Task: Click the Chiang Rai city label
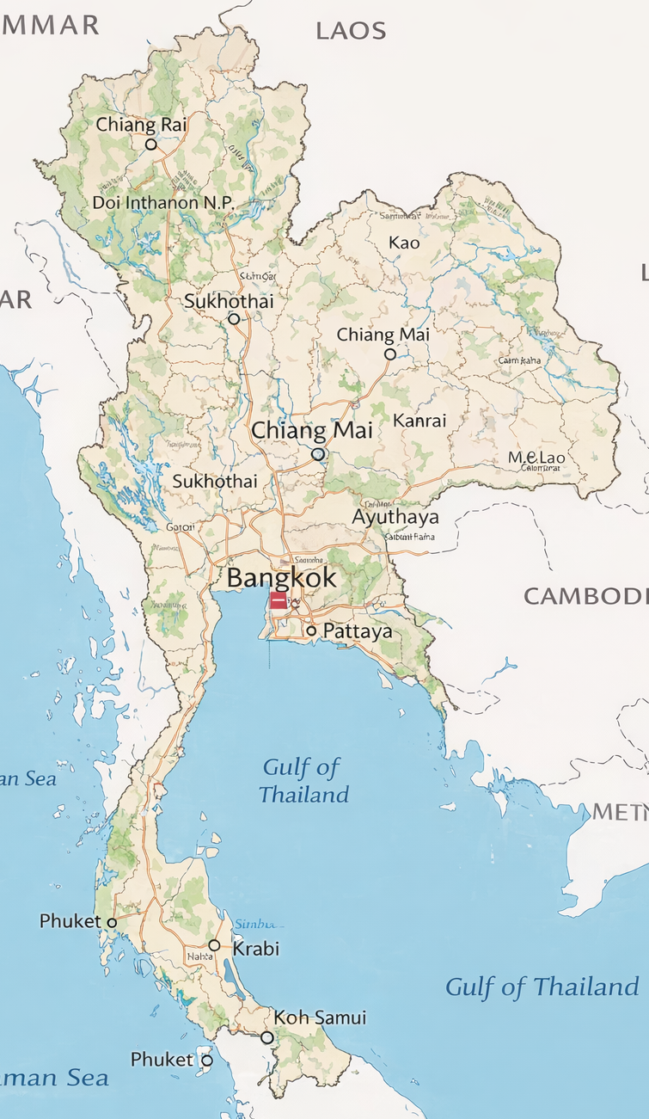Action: click(141, 125)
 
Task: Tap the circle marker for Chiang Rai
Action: click(151, 144)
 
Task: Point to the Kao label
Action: click(404, 243)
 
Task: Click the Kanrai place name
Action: click(419, 421)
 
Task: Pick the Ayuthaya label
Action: click(395, 517)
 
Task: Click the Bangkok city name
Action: click(282, 577)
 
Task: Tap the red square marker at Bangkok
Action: click(279, 600)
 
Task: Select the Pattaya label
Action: click(358, 631)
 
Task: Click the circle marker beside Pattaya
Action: click(311, 631)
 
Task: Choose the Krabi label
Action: click(256, 949)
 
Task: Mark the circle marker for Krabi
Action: click(214, 945)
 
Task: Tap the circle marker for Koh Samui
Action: click(267, 1037)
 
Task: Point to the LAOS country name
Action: click(351, 32)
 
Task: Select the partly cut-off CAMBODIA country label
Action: click(585, 595)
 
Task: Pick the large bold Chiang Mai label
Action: click(312, 430)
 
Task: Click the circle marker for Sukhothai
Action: click(234, 318)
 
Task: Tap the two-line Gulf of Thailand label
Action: click(303, 780)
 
